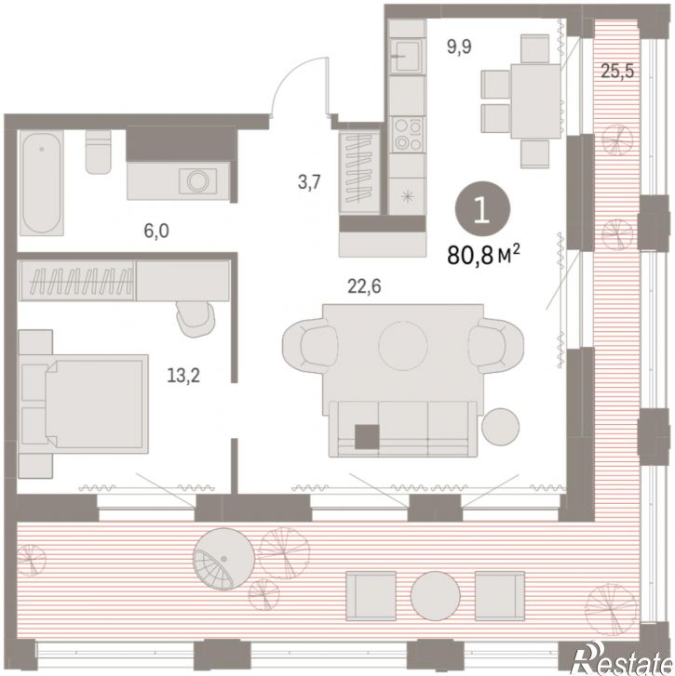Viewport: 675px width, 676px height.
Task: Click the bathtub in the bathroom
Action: point(42,183)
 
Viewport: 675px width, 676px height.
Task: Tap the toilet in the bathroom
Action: point(98,152)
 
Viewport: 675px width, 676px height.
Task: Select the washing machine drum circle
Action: point(198,179)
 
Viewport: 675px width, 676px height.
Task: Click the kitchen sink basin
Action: point(406,55)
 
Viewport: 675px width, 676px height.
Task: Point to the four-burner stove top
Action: point(408,135)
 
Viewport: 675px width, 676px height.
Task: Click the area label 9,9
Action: point(459,46)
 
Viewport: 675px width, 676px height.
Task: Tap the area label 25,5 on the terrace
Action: point(617,71)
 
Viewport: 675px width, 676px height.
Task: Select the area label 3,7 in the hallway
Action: point(309,182)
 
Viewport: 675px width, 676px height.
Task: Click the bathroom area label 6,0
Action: point(156,232)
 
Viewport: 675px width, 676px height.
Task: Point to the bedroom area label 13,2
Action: point(183,376)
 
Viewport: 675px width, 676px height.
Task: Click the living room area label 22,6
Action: point(364,285)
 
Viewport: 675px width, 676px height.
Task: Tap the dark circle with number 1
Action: point(482,208)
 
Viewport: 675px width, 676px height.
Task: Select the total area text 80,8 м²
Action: point(483,255)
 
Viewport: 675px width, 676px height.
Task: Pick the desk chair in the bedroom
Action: point(196,318)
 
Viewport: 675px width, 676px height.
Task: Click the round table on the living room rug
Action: point(403,345)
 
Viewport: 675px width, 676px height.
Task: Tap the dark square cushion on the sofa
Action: point(367,436)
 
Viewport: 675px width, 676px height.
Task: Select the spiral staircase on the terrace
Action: point(224,559)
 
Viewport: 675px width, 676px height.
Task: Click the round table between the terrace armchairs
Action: point(436,596)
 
